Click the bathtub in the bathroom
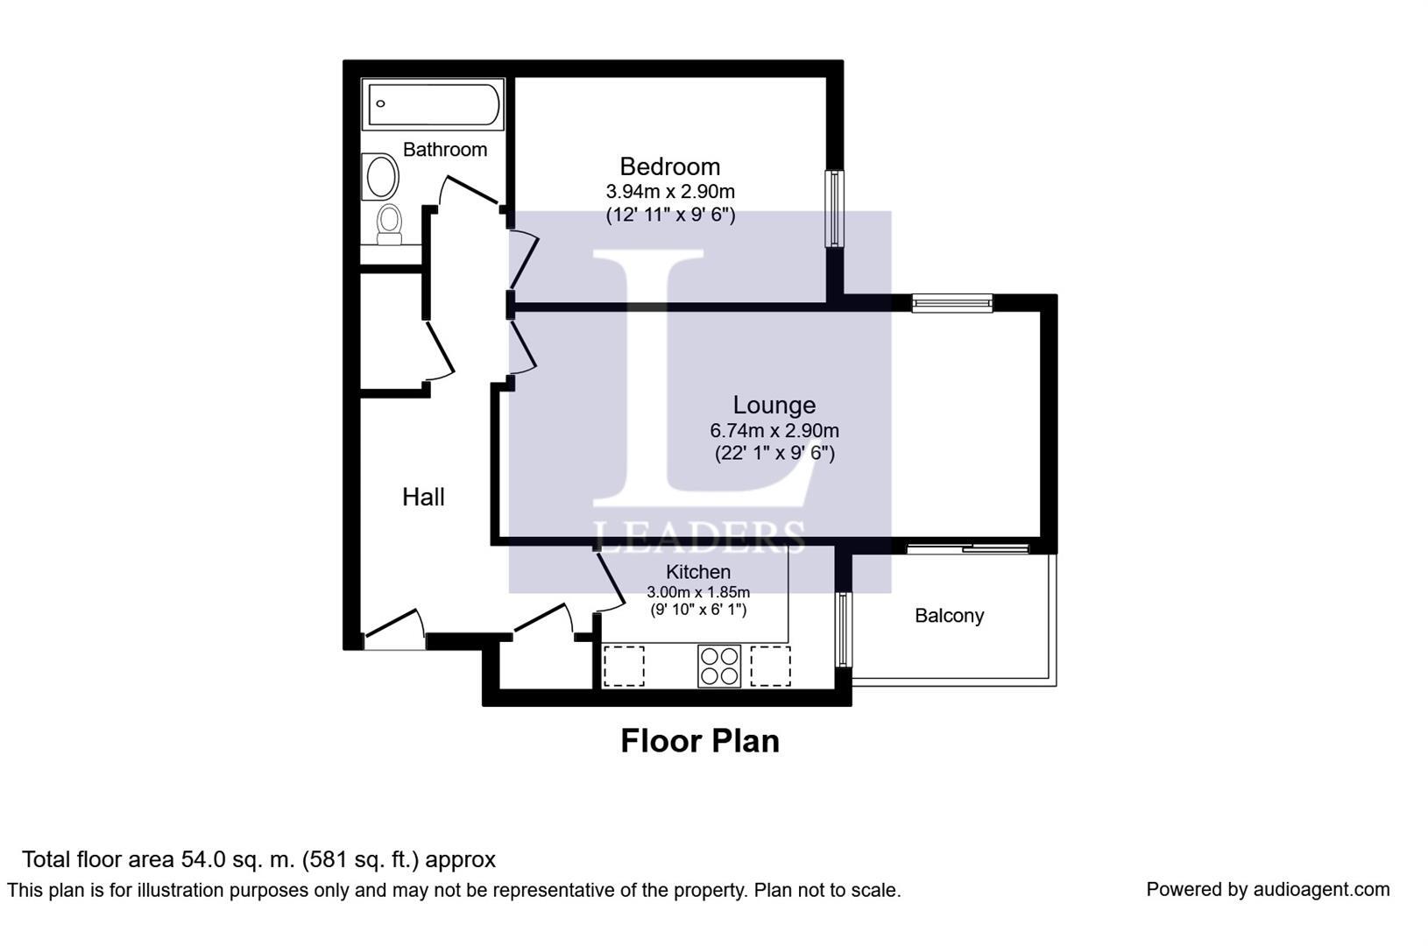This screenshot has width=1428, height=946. click(433, 104)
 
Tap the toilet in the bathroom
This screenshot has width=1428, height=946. click(389, 224)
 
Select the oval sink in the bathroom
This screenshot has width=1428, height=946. click(380, 176)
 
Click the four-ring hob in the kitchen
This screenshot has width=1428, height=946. click(719, 667)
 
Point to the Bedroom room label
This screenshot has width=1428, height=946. click(670, 166)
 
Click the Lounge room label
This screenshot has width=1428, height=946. click(774, 405)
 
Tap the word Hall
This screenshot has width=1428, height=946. click(423, 497)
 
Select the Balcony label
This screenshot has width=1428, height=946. click(950, 615)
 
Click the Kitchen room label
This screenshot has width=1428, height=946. click(698, 572)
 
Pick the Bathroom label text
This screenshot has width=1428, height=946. click(445, 149)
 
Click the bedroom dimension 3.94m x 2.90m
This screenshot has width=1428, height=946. click(670, 191)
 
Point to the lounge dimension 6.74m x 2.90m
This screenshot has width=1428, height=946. click(774, 430)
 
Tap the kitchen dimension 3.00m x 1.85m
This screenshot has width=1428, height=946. click(698, 592)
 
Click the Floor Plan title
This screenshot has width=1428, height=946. click(700, 741)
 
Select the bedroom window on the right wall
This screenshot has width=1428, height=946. click(835, 208)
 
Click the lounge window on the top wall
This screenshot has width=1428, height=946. click(952, 303)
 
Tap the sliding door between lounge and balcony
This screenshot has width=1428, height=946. click(968, 547)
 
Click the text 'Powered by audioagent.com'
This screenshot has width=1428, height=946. click(1268, 890)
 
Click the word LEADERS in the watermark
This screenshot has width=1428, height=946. click(699, 537)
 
